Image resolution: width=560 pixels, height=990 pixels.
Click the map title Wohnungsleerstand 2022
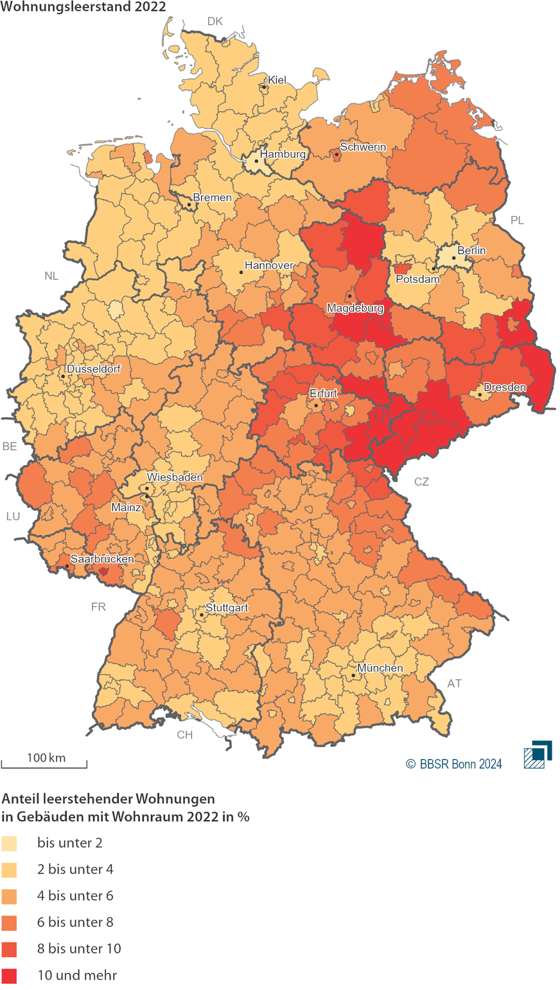pos(83,7)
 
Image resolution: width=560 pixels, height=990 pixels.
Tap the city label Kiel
pos(277,80)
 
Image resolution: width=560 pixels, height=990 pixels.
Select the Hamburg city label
pos(283,154)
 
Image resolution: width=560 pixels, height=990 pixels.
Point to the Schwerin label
pos(363,147)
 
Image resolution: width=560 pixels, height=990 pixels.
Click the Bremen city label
pos(212,198)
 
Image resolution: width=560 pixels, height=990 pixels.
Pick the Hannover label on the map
pos(269,265)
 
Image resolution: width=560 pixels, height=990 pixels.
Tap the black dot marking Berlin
pos(453,257)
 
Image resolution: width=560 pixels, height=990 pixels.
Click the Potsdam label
pos(417,279)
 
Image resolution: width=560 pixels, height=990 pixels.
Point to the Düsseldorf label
pos(93,370)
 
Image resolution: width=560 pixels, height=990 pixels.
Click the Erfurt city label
pos(323,393)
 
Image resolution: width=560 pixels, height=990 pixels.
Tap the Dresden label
pos(505,388)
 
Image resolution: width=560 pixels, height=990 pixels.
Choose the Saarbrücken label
pos(102,559)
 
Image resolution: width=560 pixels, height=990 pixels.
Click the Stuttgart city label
pos(227,608)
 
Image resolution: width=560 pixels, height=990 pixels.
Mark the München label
pos(380,668)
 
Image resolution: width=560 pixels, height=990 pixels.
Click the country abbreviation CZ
pos(421,482)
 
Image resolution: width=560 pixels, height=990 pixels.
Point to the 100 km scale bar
pos(44,764)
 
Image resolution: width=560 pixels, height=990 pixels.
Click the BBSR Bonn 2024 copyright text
pos(454,764)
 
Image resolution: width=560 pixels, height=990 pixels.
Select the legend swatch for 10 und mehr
pos(9,975)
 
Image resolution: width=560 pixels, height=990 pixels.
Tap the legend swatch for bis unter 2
pos(9,843)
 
